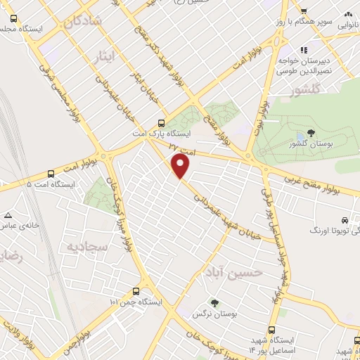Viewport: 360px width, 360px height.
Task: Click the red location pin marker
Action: coord(181,167)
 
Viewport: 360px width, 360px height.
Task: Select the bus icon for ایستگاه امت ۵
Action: coord(51,174)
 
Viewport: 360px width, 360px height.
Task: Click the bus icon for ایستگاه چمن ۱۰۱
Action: coord(136,291)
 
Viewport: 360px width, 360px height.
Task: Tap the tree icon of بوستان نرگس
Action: coord(214,303)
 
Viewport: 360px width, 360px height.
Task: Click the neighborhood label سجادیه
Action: coord(86,246)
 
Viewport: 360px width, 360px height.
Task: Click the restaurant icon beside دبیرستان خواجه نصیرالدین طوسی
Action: coord(304,50)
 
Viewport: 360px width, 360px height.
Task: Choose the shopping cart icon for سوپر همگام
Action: coord(304,11)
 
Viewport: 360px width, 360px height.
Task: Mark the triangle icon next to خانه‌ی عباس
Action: coord(8,215)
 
